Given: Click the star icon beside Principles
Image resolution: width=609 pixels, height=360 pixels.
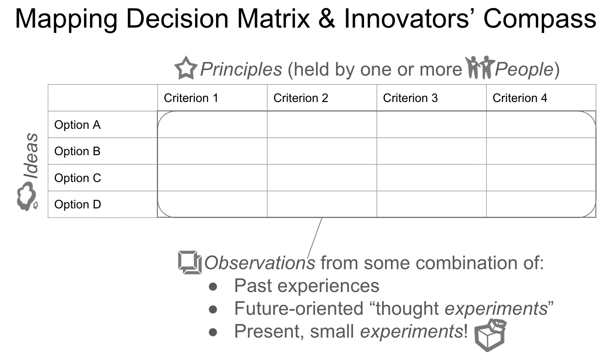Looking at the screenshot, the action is pos(186,68).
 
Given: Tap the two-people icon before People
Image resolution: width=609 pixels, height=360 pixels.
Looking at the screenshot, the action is pos(480,67).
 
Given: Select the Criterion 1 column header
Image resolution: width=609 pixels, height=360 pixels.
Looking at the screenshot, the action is pos(191,98).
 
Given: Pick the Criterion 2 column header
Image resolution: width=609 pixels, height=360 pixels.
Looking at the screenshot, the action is pos(300,98).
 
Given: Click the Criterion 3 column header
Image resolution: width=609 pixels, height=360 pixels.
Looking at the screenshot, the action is pos(410,98).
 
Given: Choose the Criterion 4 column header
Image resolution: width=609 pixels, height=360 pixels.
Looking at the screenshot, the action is pos(520,98).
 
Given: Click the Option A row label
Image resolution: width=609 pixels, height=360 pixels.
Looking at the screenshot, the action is pos(78,125).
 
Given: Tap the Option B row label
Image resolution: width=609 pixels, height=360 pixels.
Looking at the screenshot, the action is pos(78,151).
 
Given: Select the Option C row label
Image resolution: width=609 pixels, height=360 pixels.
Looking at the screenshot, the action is pos(78,178).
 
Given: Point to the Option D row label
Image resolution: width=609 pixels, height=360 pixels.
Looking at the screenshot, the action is pos(78,204).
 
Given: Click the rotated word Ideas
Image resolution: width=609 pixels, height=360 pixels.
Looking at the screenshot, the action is pos(31,156).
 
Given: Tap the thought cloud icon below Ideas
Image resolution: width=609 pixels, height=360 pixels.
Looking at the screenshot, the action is pos(27,196).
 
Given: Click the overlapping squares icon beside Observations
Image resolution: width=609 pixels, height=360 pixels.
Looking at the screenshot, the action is pos(190,262).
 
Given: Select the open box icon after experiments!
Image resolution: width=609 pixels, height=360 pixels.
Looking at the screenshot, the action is pos(490,335).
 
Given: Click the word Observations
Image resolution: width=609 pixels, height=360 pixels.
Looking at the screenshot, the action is pos(260,263).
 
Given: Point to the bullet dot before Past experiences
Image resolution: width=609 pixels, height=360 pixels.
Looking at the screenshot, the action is pos(213,287).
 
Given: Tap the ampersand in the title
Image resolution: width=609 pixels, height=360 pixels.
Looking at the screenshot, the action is pos(327,18).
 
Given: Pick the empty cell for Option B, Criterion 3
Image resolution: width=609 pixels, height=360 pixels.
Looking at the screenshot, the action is pos(431,151).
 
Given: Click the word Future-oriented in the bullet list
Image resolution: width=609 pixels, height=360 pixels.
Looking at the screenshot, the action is pos(299,309).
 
